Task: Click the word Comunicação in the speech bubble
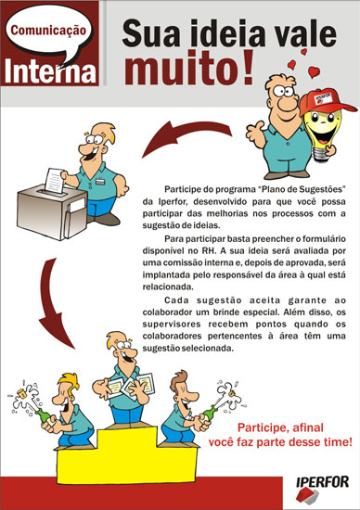point(48,31)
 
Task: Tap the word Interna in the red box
point(50,70)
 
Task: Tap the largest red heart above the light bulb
point(314,72)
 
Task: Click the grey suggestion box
point(52,211)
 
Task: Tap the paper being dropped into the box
point(55,180)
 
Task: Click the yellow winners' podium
point(127,455)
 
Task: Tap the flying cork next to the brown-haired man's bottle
point(233,393)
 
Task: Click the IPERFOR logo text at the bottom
point(323,482)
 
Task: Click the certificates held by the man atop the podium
point(130,386)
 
